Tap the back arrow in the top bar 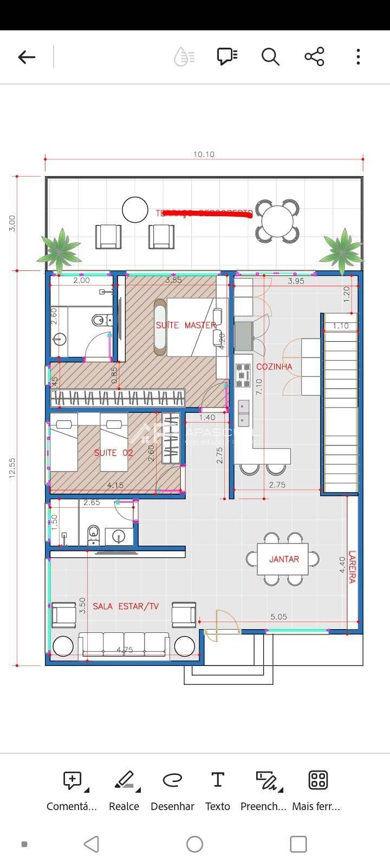click(x=27, y=57)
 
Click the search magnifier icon click(x=270, y=56)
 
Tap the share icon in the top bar click(x=314, y=56)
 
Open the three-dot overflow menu click(x=358, y=56)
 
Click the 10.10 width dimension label click(x=204, y=154)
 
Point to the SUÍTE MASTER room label click(x=186, y=325)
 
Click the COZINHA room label click(x=274, y=366)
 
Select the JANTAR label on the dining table click(x=284, y=559)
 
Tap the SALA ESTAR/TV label click(x=126, y=606)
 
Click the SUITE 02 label click(x=113, y=452)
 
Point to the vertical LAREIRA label click(x=352, y=567)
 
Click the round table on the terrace click(x=277, y=221)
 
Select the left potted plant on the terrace click(x=60, y=250)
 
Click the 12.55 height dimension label click(x=12, y=468)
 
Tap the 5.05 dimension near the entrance click(x=278, y=617)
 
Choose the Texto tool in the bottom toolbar click(x=217, y=790)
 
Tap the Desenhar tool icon click(x=172, y=780)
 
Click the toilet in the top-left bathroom click(x=99, y=321)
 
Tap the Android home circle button click(x=194, y=844)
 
